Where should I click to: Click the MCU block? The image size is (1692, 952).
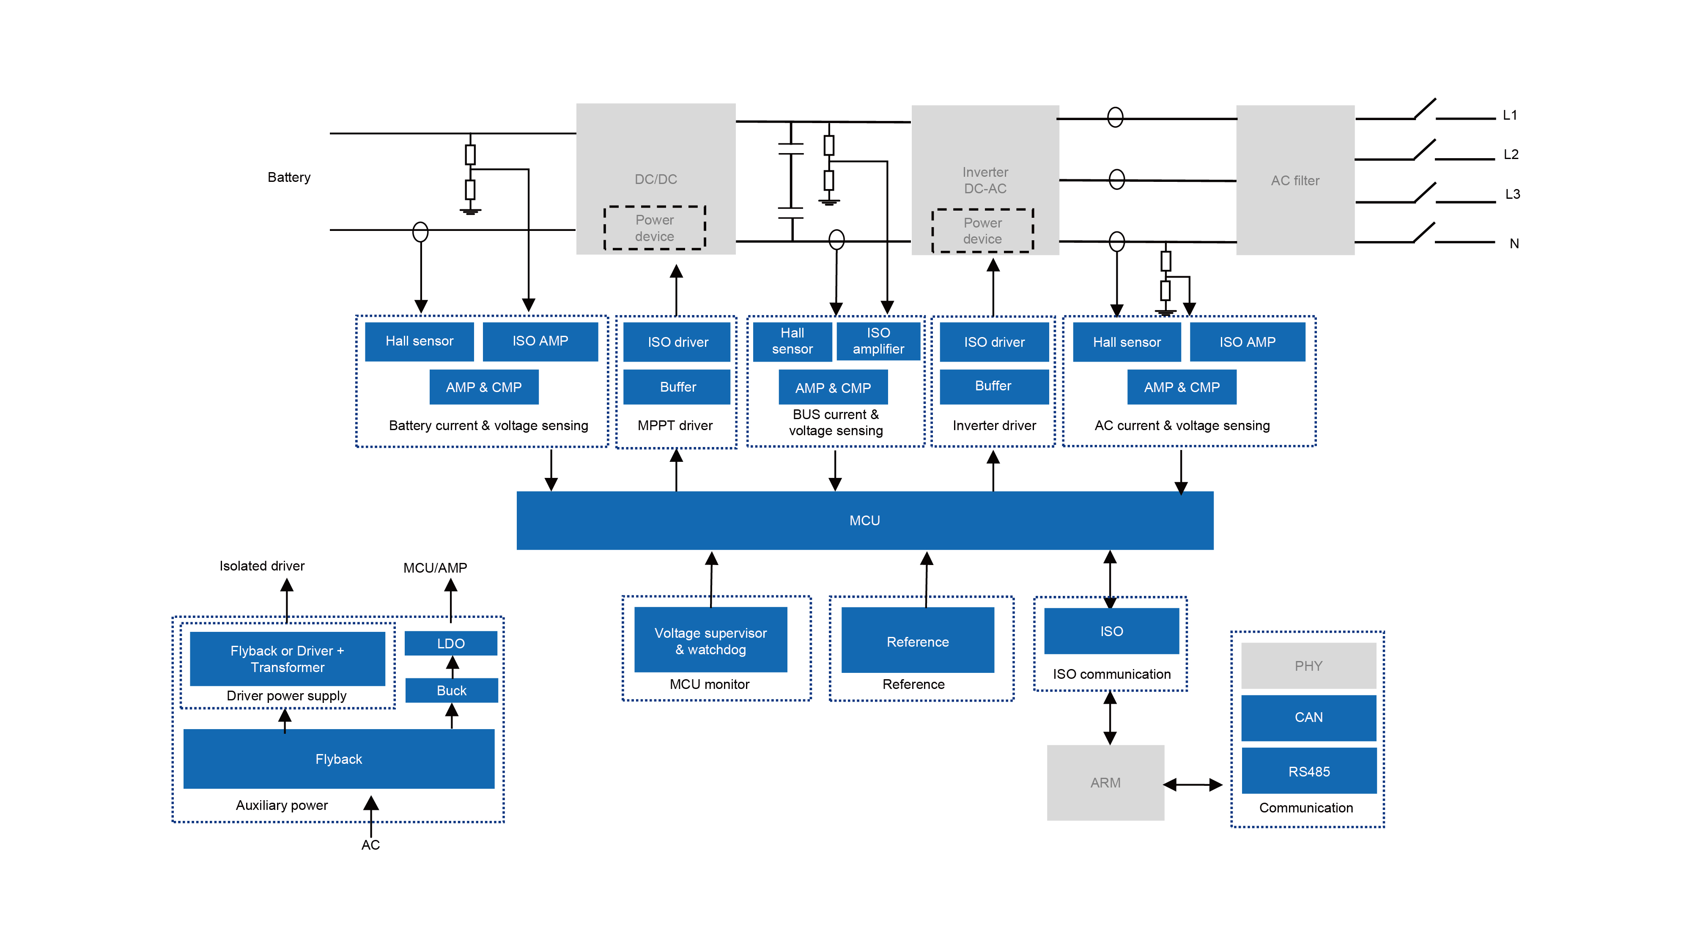(x=864, y=520)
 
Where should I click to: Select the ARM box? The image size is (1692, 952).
(x=1105, y=782)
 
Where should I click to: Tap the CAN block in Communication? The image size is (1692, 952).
(x=1308, y=717)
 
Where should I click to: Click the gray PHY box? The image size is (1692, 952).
(x=1308, y=666)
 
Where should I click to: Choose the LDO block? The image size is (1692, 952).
(x=450, y=643)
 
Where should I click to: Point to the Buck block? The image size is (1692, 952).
(x=451, y=691)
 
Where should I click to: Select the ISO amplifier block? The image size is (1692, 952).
(x=878, y=341)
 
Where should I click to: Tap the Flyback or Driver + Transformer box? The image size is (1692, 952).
(x=287, y=659)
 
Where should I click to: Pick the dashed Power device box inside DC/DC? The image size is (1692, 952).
(x=655, y=228)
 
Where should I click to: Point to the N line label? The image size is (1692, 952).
(x=1514, y=244)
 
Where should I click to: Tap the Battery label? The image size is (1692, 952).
(x=289, y=177)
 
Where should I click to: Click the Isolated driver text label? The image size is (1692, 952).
(x=262, y=566)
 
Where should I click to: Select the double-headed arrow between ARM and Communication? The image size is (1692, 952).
(x=1193, y=785)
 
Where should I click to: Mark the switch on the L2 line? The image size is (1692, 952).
(x=1424, y=150)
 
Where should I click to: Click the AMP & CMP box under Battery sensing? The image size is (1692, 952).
(x=484, y=387)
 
